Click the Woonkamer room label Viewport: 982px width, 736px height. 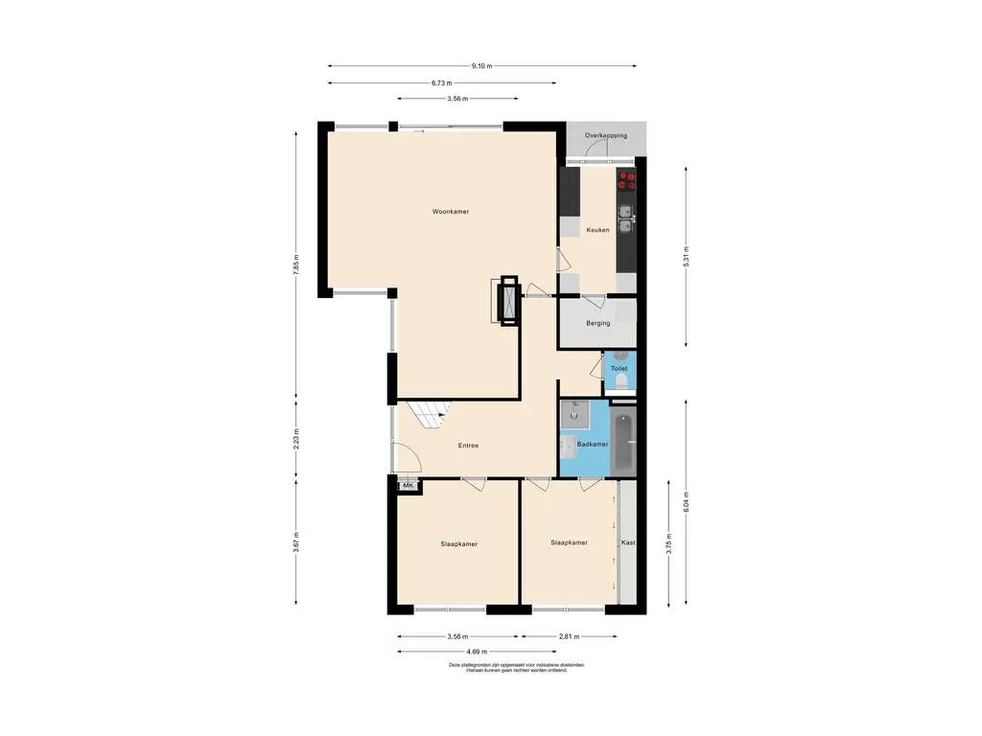pos(451,212)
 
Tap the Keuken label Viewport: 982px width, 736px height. pos(597,230)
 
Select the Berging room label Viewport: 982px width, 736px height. pos(598,323)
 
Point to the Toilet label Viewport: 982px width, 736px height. pos(619,369)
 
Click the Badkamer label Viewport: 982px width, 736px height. pos(593,445)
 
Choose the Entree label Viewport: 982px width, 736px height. pos(468,446)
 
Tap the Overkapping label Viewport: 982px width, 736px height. pos(606,135)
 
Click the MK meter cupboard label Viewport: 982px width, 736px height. pos(409,486)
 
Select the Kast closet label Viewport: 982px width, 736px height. pos(627,542)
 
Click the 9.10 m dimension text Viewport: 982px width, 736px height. pos(481,66)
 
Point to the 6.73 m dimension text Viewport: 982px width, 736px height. pos(441,82)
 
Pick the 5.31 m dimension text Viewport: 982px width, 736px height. pos(686,257)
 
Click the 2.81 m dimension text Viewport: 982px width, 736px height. pos(569,636)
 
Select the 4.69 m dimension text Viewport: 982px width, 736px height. pos(477,652)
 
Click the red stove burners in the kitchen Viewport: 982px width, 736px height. pos(626,181)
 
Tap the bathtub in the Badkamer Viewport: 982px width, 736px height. pos(623,443)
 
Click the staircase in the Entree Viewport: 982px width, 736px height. pos(429,415)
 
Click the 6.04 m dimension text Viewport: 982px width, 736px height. pos(686,502)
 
